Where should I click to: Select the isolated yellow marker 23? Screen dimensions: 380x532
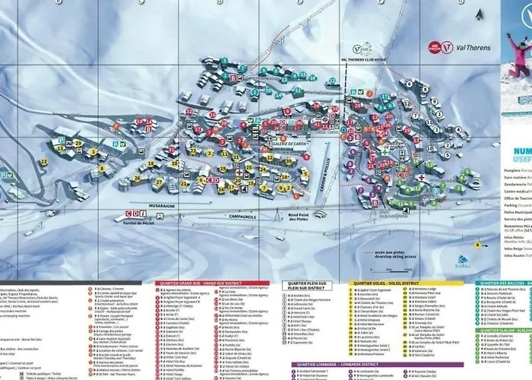pyautogui.click(x=45, y=183)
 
